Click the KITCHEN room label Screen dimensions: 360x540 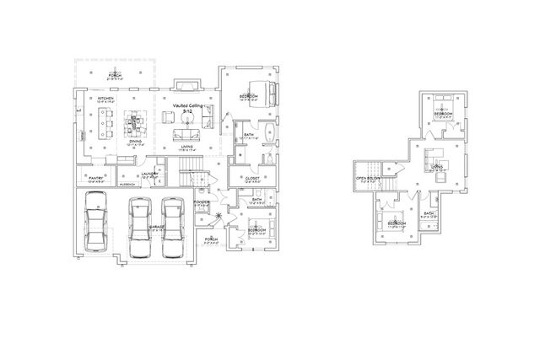point(105,99)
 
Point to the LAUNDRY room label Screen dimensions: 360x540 point(148,175)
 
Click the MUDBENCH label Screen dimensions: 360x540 point(127,183)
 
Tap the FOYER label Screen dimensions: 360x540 point(202,202)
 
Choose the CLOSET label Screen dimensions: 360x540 point(251,179)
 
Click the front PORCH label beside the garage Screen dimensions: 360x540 point(211,239)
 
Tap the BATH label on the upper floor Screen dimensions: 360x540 point(429,213)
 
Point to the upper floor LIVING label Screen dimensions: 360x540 point(436,168)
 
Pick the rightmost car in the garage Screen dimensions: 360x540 point(172,225)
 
